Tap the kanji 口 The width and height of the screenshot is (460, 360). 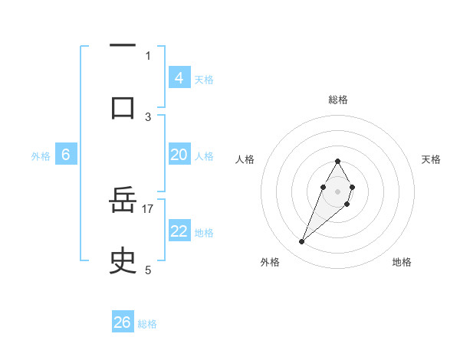pos(123,106)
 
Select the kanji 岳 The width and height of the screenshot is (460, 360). pos(123,202)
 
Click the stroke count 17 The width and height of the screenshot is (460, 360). pos(148,208)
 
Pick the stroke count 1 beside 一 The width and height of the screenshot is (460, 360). pos(148,55)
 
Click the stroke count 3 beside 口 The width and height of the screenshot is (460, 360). pos(148,116)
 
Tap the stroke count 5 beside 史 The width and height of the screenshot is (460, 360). pos(148,270)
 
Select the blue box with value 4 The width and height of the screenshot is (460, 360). pos(179,78)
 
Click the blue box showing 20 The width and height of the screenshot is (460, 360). pos(179,155)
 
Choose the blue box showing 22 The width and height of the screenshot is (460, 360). pos(179,231)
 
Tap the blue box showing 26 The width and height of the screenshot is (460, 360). pos(123,322)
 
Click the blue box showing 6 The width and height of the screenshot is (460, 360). pos(66,155)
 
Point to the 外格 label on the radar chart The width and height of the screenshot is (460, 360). pos(270,262)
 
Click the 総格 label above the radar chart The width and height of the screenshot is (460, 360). pos(337,100)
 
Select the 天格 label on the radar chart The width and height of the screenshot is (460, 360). pos(431,159)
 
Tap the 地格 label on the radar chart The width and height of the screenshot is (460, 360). pos(402,262)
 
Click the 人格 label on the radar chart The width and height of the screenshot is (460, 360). pos(245,159)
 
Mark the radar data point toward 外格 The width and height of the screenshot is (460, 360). pos(301,242)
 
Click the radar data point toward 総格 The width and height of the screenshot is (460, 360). pos(337,161)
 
